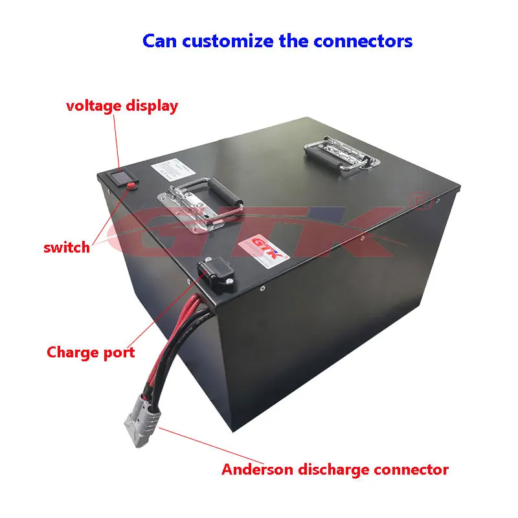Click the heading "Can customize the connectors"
coord(277,41)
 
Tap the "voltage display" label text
coord(122,106)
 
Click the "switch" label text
coord(67,247)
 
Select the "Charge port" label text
coord(91,352)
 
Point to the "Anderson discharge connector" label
coord(335,469)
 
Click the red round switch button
coord(130,186)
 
